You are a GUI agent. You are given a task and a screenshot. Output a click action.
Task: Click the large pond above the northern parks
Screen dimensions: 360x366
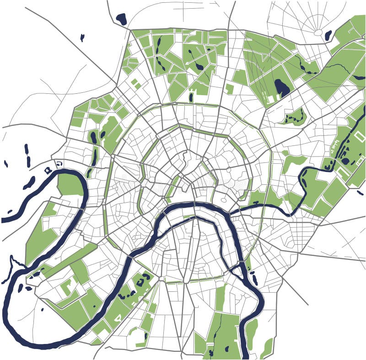click(121, 19)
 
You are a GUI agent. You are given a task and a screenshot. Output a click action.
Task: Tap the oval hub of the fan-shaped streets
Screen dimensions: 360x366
click(318, 32)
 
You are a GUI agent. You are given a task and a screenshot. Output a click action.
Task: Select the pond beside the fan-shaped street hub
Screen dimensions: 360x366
click(328, 35)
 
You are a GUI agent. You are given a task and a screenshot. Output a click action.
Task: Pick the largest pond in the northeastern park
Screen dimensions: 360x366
click(281, 87)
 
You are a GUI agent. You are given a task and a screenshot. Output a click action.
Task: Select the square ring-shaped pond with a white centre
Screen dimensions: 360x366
click(48, 170)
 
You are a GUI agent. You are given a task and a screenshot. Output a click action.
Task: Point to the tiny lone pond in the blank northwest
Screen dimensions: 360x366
click(82, 38)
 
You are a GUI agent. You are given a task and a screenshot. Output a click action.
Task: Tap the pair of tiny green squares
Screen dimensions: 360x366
click(136, 84)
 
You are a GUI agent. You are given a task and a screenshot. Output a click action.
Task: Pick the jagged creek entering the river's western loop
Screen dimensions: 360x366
click(13, 265)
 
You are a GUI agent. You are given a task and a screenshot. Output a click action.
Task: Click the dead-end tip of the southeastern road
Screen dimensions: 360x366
click(308, 305)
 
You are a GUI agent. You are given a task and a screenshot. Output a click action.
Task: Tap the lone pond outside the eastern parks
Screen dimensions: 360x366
click(360, 193)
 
